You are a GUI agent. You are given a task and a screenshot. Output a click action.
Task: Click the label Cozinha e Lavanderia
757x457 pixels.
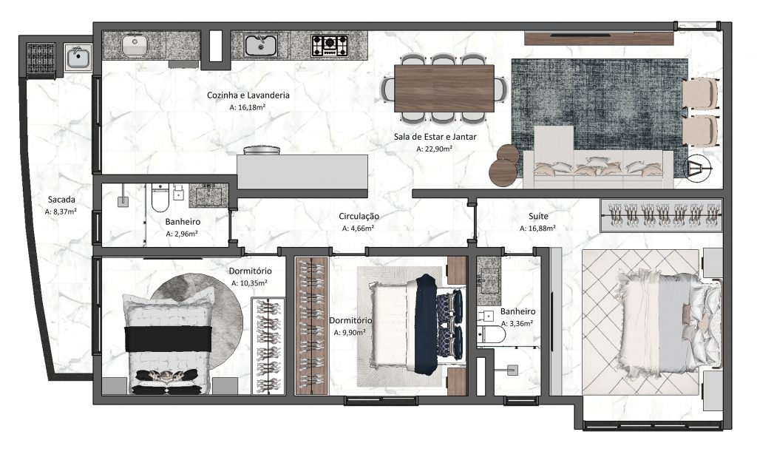[248, 95]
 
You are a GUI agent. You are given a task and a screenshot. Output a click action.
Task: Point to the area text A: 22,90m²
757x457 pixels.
[435, 148]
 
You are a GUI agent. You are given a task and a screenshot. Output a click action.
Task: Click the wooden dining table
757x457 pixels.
[444, 88]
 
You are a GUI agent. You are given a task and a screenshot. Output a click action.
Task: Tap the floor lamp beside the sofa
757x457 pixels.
[696, 170]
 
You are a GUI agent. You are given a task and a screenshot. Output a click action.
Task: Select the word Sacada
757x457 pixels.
[61, 200]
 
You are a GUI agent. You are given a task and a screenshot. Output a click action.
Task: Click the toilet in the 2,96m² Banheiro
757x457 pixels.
[160, 197]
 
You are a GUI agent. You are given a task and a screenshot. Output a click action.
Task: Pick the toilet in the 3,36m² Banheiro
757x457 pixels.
[492, 335]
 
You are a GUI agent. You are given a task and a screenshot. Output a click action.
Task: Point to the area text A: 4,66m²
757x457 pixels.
[361, 228]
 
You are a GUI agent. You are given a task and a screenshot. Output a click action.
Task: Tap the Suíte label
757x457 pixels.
[538, 216]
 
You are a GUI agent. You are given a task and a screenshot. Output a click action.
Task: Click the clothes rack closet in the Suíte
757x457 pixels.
[660, 215]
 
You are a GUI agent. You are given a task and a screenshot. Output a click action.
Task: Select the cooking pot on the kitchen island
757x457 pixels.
[262, 151]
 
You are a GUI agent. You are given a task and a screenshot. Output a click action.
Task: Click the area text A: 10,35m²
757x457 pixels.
[249, 283]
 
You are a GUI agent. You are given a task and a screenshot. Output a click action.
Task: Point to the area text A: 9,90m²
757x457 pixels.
[350, 333]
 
